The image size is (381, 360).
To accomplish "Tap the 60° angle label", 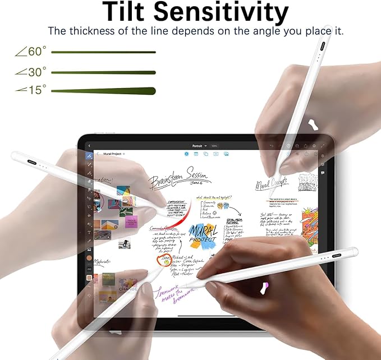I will pyautogui.click(x=32, y=52).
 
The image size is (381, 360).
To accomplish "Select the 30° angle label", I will pyautogui.click(x=32, y=72).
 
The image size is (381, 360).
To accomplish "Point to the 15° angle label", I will pyautogui.click(x=32, y=90).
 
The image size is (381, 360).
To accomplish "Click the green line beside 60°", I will pyautogui.click(x=103, y=52).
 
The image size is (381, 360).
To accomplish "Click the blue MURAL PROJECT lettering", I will pyautogui.click(x=203, y=232).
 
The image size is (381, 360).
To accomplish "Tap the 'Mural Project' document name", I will pyautogui.click(x=112, y=154).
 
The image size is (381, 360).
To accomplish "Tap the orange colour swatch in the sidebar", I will pyautogui.click(x=89, y=257).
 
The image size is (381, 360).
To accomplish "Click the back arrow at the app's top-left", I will pyautogui.click(x=89, y=146).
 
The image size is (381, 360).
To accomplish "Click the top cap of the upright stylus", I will pyautogui.click(x=327, y=28).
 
